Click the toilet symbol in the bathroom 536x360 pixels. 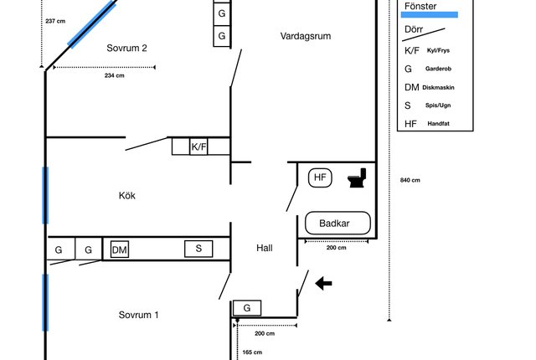click(x=358, y=177)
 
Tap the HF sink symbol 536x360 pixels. click(x=320, y=177)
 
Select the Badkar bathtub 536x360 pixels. click(x=338, y=223)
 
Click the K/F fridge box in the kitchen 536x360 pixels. click(x=198, y=147)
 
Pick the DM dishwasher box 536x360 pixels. click(x=120, y=249)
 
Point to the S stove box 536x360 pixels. click(x=198, y=249)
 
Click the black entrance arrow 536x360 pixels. click(x=323, y=284)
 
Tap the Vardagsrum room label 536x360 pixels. click(x=306, y=36)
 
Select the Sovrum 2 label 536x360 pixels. click(x=126, y=49)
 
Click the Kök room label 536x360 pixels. click(x=126, y=195)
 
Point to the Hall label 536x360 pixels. click(x=265, y=248)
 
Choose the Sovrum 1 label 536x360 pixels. click(x=138, y=315)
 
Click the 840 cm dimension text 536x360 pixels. click(x=410, y=180)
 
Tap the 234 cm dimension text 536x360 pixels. click(x=115, y=75)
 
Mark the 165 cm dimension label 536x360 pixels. click(x=252, y=352)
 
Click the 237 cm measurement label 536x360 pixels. click(x=55, y=21)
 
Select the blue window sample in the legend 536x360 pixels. click(x=430, y=15)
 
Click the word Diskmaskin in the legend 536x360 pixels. click(x=438, y=87)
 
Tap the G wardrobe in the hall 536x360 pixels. click(x=247, y=308)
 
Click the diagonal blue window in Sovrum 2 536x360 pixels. click(x=91, y=24)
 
